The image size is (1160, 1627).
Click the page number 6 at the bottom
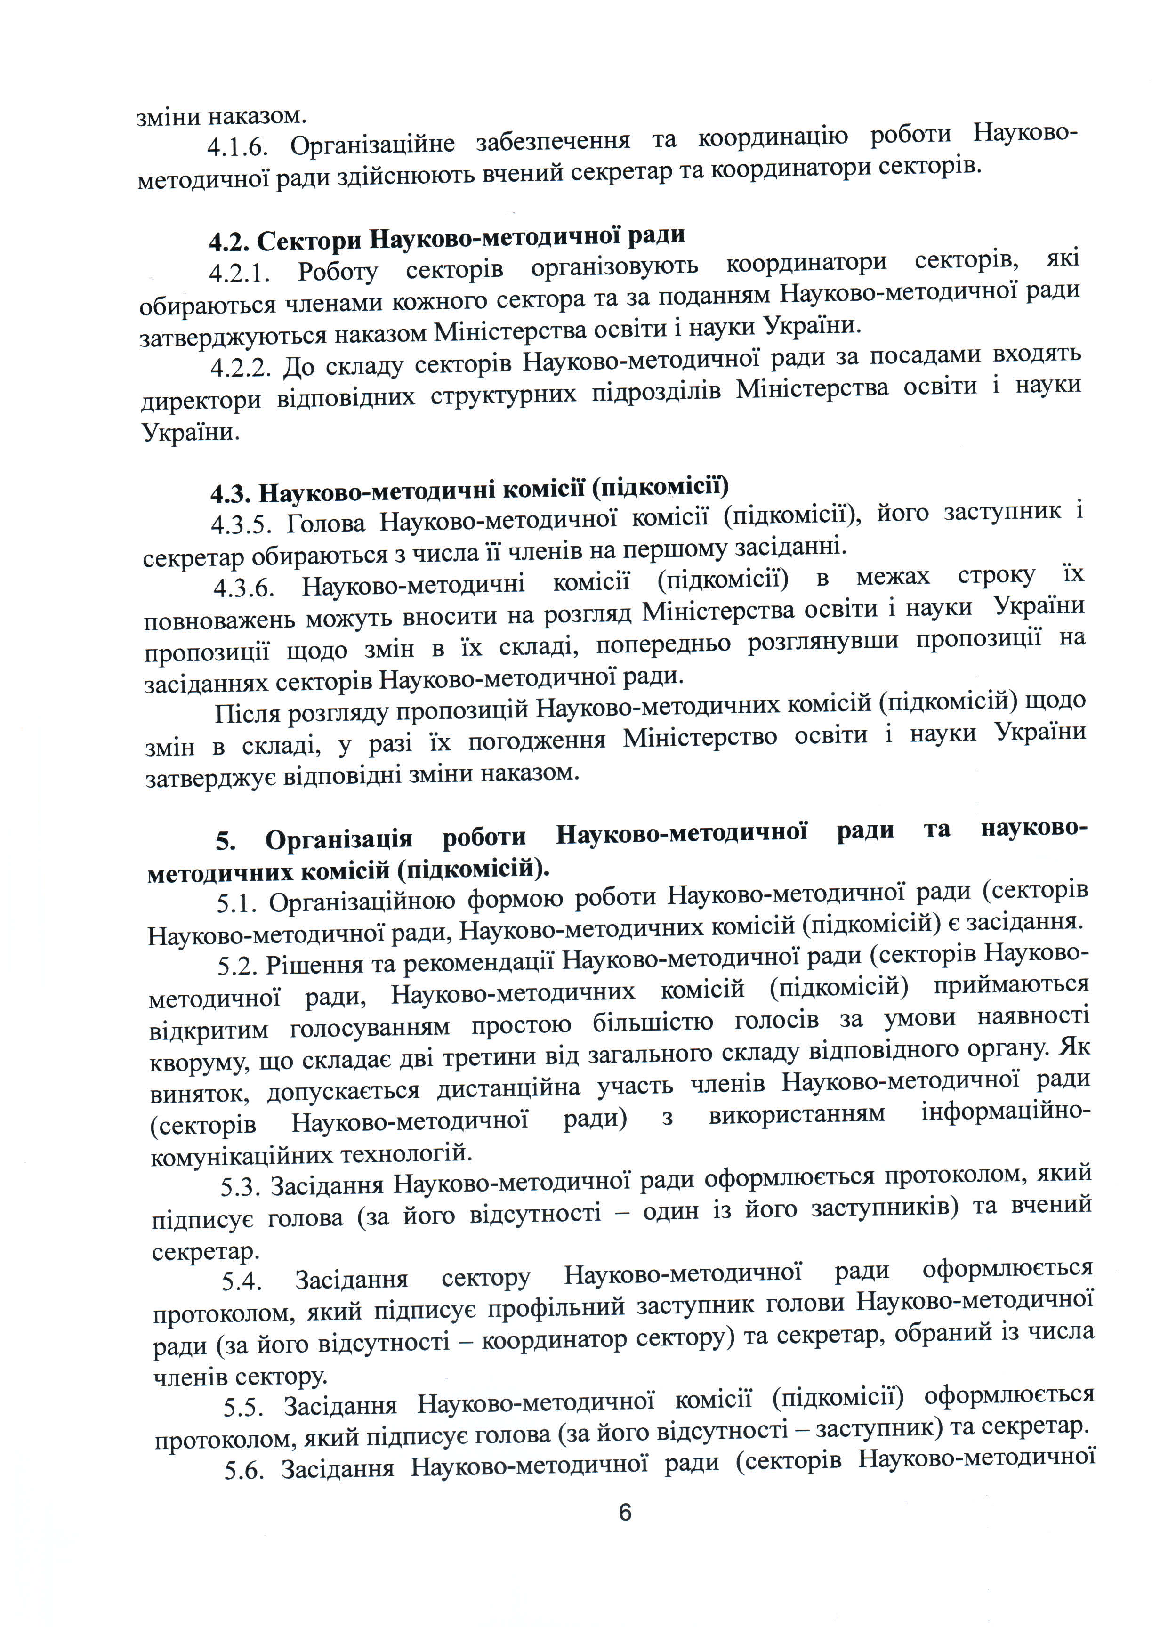point(625,1512)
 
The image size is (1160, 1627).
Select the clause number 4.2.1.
point(240,273)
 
